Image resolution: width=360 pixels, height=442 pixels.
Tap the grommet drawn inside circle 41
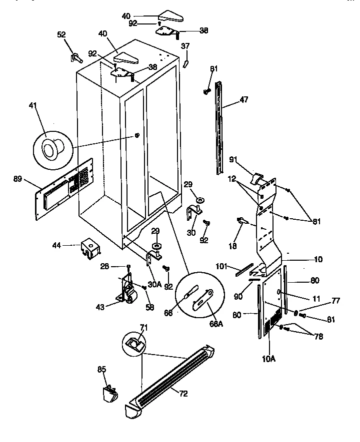coord(51,148)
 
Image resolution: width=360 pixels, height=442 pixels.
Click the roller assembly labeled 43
coord(127,291)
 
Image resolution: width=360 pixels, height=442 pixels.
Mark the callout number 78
coord(318,337)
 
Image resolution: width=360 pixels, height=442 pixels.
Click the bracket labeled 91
coord(257,178)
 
